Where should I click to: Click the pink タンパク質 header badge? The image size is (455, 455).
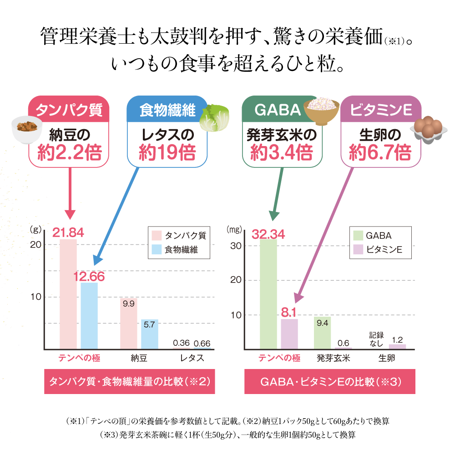pyautogui.click(x=69, y=110)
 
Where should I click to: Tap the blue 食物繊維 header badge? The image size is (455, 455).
pyautogui.click(x=167, y=110)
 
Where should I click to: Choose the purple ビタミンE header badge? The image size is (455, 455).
pyautogui.click(x=380, y=110)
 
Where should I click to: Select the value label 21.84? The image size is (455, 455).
pyautogui.click(x=68, y=233)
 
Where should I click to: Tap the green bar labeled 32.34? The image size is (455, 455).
pyautogui.click(x=268, y=293)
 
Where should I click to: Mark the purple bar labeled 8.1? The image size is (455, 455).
pyautogui.click(x=289, y=334)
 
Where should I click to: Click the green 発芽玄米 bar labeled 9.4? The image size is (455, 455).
pyautogui.click(x=322, y=333)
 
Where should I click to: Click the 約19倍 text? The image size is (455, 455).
pyautogui.click(x=167, y=152)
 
